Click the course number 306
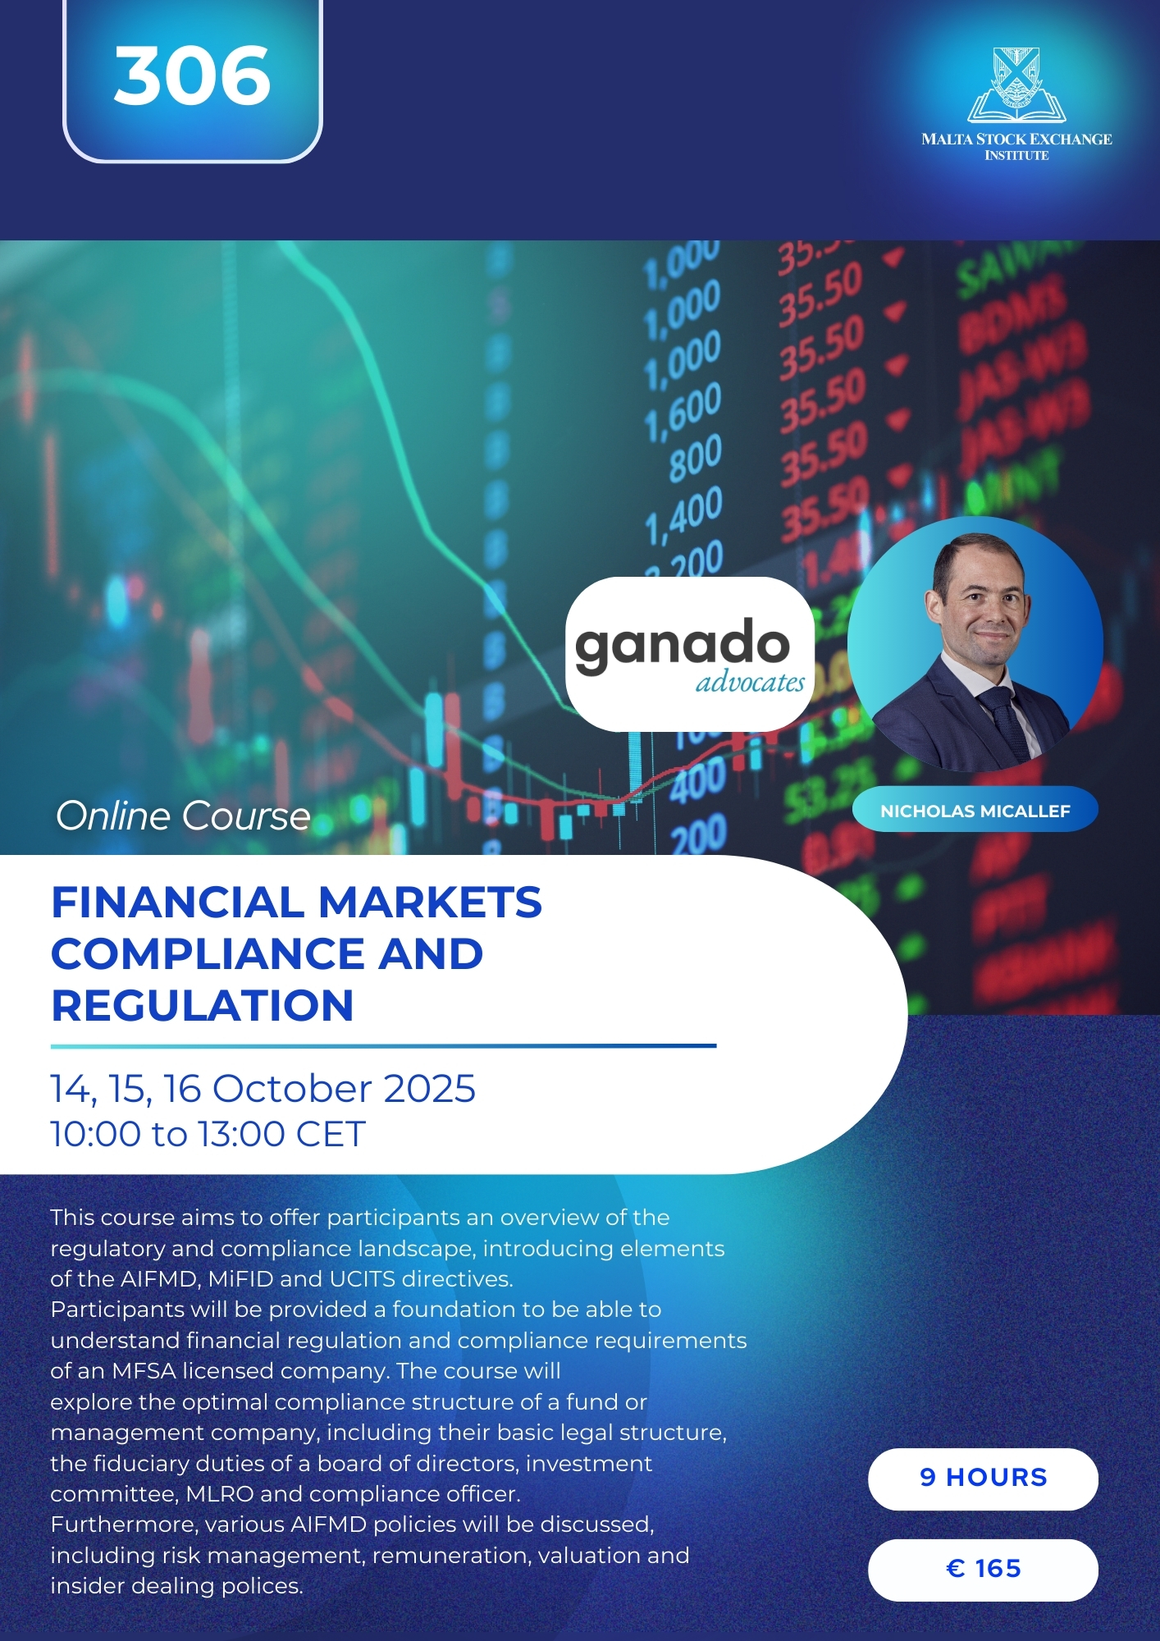pos(192,75)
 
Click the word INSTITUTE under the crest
pos(1016,155)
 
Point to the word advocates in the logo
pos(750,682)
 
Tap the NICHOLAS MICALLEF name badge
pos(975,811)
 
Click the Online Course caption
pos(183,816)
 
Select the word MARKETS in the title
pos(429,903)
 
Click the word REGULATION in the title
pos(203,1006)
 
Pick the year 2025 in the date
pos(429,1089)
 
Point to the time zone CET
pos(330,1134)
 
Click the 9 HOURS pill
pos(983,1479)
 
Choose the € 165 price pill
pos(983,1570)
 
